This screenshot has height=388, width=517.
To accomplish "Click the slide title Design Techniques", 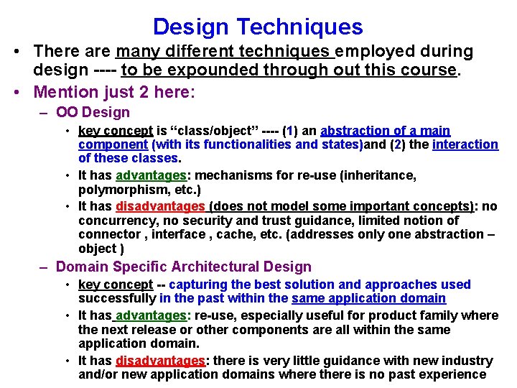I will coord(258,27).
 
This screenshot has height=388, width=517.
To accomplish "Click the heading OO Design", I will coord(93,112).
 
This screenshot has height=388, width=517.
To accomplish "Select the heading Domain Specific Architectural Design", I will coord(183,267).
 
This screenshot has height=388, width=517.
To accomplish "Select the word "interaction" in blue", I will coord(465,144).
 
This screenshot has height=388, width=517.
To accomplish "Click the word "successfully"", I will coord(117,298).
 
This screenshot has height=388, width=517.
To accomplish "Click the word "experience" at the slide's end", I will coord(452,374).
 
